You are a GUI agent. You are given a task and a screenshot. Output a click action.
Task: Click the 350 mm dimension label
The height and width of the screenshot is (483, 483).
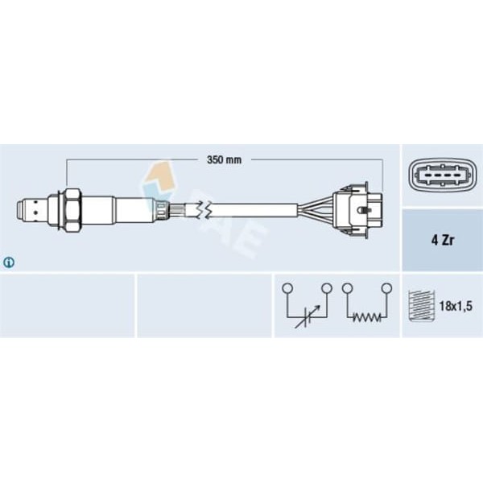click(224, 159)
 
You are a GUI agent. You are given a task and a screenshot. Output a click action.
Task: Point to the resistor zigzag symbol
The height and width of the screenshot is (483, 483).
click(366, 318)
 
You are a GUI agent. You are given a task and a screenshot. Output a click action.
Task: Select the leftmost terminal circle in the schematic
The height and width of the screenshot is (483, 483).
click(287, 287)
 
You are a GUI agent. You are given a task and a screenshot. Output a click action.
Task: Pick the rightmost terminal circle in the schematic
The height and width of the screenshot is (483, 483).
click(386, 287)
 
